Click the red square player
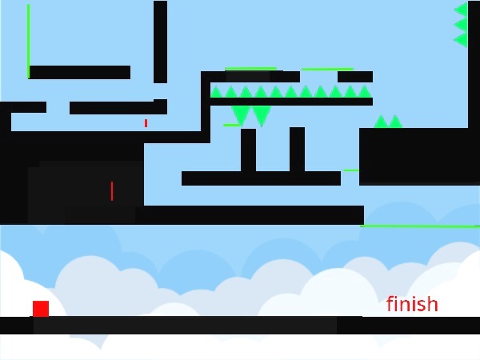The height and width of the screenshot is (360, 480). click(x=41, y=308)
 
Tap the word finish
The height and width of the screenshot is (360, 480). click(x=412, y=304)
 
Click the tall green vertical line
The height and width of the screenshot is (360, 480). click(x=28, y=40)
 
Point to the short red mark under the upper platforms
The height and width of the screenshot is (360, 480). click(x=146, y=123)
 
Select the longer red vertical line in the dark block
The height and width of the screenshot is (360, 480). click(x=112, y=191)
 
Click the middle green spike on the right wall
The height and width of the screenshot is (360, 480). click(x=461, y=24)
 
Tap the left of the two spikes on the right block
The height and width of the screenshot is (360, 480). click(x=381, y=122)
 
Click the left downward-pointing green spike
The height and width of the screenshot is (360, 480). click(x=241, y=114)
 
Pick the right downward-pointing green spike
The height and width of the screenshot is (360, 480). click(x=261, y=115)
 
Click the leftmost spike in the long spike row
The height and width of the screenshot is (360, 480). click(x=216, y=92)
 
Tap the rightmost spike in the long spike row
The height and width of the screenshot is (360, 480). click(x=365, y=92)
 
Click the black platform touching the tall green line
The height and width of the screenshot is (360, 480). click(x=79, y=72)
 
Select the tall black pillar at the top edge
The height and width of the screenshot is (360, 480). click(x=160, y=40)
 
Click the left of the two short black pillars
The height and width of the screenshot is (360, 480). click(x=248, y=150)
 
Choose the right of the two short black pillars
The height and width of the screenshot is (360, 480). click(x=297, y=149)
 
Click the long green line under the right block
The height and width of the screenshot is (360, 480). click(x=420, y=226)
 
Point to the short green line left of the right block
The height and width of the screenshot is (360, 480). click(x=350, y=170)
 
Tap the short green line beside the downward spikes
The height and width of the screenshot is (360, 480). click(x=230, y=125)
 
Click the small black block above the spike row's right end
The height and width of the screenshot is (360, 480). click(x=354, y=77)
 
